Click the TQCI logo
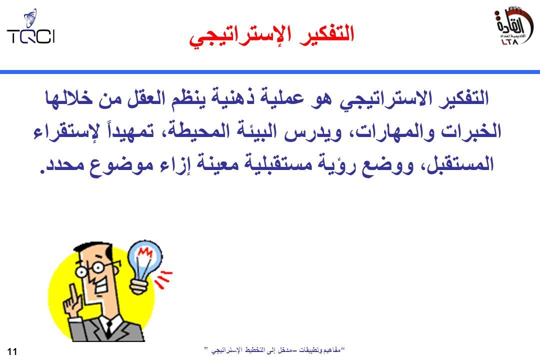point(30,27)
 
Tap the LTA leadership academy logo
point(513,26)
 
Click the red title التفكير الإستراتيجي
point(271,35)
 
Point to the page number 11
point(11,351)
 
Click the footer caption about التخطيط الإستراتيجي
point(274,350)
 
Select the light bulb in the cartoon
point(144,266)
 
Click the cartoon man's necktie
point(108,328)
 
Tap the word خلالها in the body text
point(69,98)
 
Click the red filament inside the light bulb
point(145,253)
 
